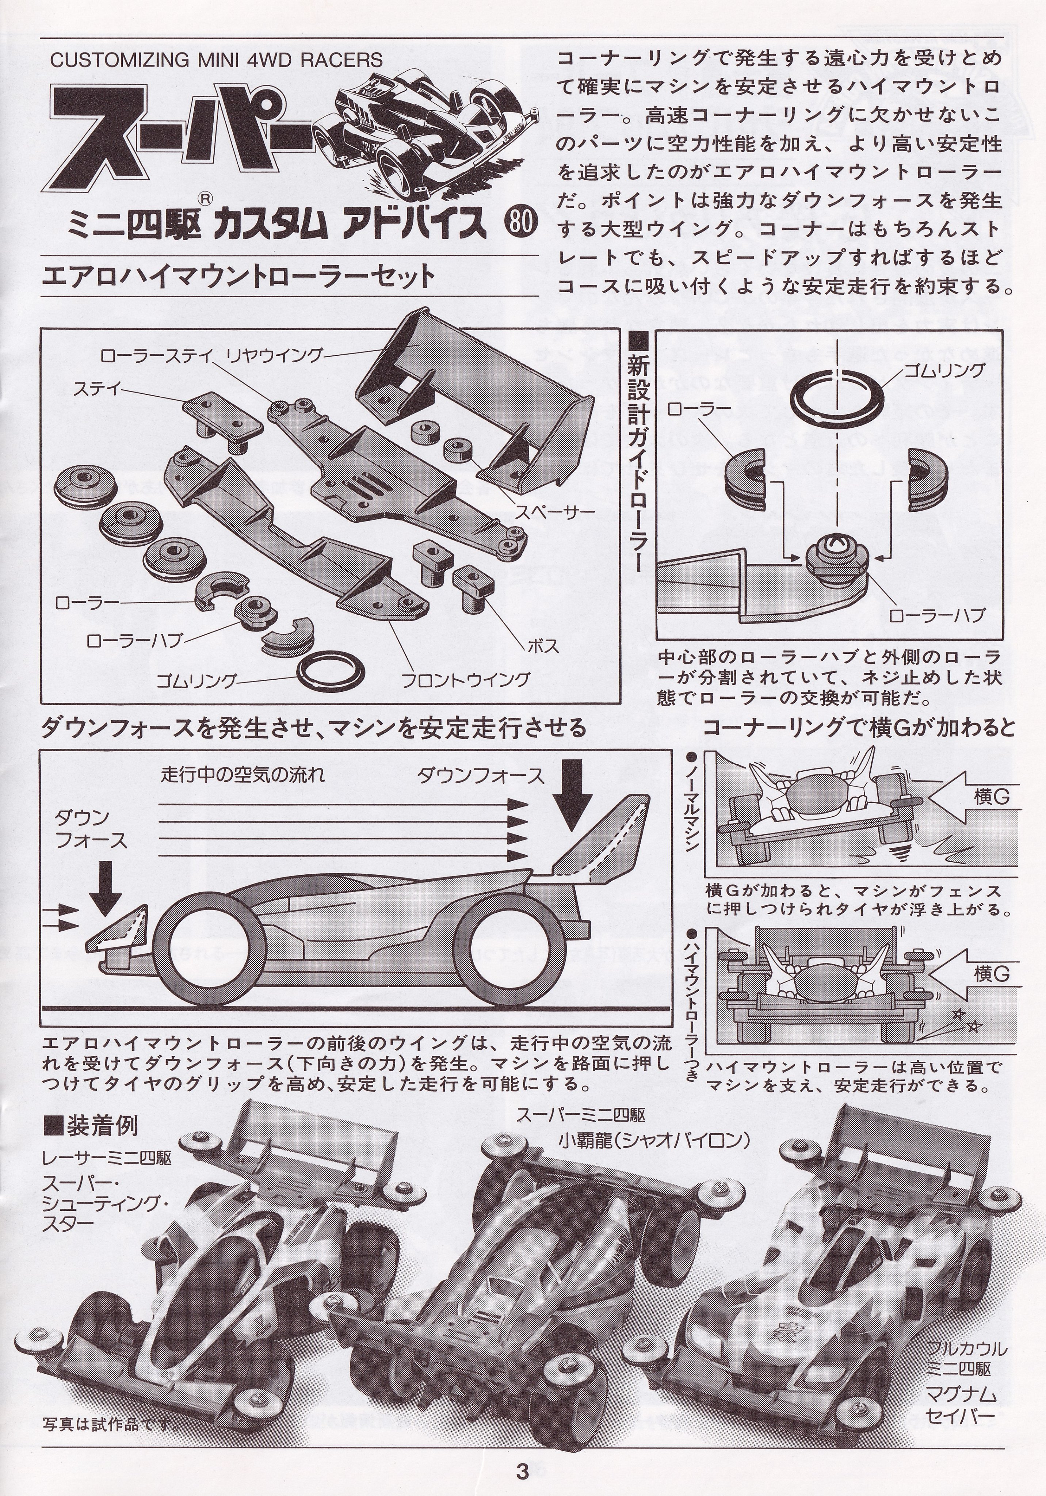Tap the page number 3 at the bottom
pyautogui.click(x=522, y=1469)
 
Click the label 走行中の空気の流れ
pyautogui.click(x=243, y=775)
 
